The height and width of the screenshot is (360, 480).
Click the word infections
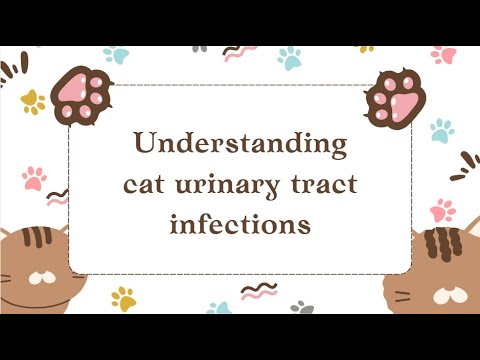click(240, 225)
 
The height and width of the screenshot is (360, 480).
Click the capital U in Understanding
click(147, 146)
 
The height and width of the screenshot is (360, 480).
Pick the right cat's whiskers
click(405, 296)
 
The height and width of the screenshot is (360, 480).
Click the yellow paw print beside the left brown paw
click(33, 101)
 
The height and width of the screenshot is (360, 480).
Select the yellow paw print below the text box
click(124, 297)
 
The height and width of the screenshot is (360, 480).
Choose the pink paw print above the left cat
click(34, 178)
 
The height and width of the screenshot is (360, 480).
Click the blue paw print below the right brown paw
click(441, 129)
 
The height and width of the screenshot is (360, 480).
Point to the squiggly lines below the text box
click(257, 291)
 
